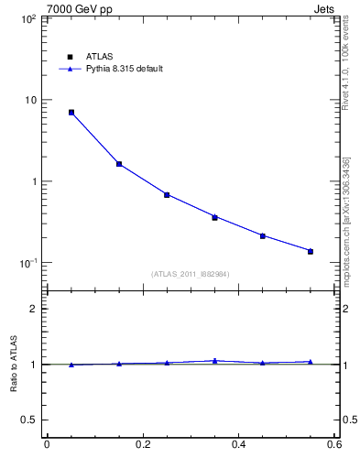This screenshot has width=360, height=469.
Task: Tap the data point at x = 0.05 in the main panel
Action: (71, 113)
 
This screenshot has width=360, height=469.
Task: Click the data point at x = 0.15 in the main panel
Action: (119, 164)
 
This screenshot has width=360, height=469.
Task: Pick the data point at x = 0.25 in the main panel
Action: (167, 195)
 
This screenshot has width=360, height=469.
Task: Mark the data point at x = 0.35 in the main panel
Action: (214, 217)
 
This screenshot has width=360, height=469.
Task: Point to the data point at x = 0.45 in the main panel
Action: (263, 235)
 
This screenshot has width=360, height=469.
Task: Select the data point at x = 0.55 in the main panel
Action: (311, 251)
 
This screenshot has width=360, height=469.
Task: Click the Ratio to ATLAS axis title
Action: (14, 364)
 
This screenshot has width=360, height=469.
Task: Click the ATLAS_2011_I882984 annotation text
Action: (190, 273)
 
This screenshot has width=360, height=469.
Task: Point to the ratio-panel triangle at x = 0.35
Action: (214, 361)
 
